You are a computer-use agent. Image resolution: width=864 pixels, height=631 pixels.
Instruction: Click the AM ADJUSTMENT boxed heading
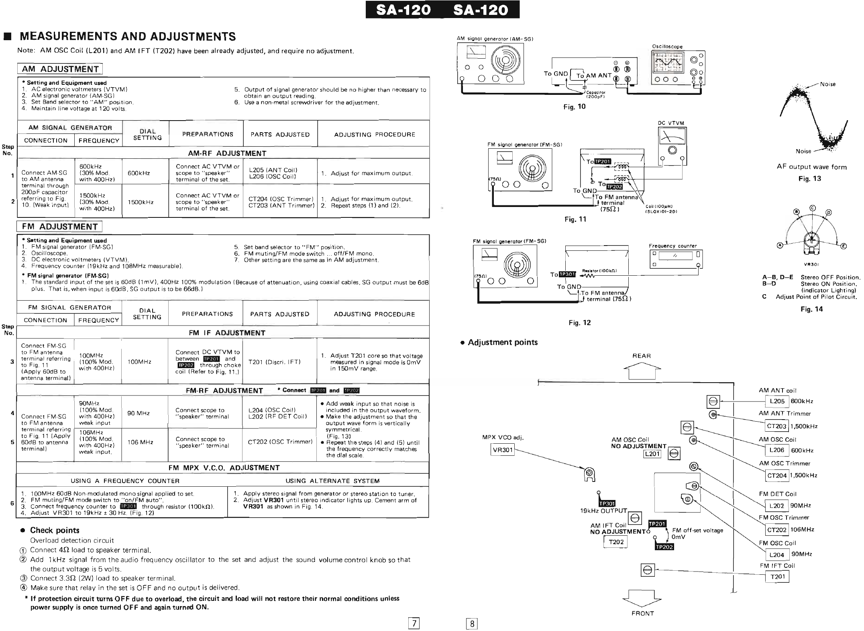(x=60, y=69)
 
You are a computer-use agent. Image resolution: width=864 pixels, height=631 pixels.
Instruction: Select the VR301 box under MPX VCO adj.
(x=502, y=450)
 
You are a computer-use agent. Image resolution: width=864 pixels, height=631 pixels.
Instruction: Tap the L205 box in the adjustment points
(x=777, y=401)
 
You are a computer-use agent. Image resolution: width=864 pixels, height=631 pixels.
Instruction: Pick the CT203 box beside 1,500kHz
(x=776, y=426)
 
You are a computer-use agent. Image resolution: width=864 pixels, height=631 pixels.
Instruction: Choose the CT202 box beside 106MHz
(x=776, y=530)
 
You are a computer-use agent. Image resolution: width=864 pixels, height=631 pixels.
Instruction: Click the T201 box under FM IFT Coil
(x=777, y=577)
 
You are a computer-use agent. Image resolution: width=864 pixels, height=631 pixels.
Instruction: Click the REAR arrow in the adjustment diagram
(x=642, y=370)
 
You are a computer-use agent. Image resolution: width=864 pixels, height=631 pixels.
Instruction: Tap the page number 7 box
(x=413, y=623)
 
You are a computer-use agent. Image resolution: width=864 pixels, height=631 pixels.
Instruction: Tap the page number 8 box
(x=472, y=623)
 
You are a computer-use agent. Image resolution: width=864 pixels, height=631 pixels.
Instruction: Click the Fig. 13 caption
(x=809, y=179)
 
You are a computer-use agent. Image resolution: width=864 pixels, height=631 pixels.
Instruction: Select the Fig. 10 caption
(x=574, y=107)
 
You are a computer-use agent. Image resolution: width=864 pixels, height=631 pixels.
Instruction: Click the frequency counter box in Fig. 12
(x=676, y=260)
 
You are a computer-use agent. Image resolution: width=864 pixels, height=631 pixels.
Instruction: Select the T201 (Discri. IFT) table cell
(x=280, y=362)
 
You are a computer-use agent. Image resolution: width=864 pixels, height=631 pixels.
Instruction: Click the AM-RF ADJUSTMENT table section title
(x=227, y=153)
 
